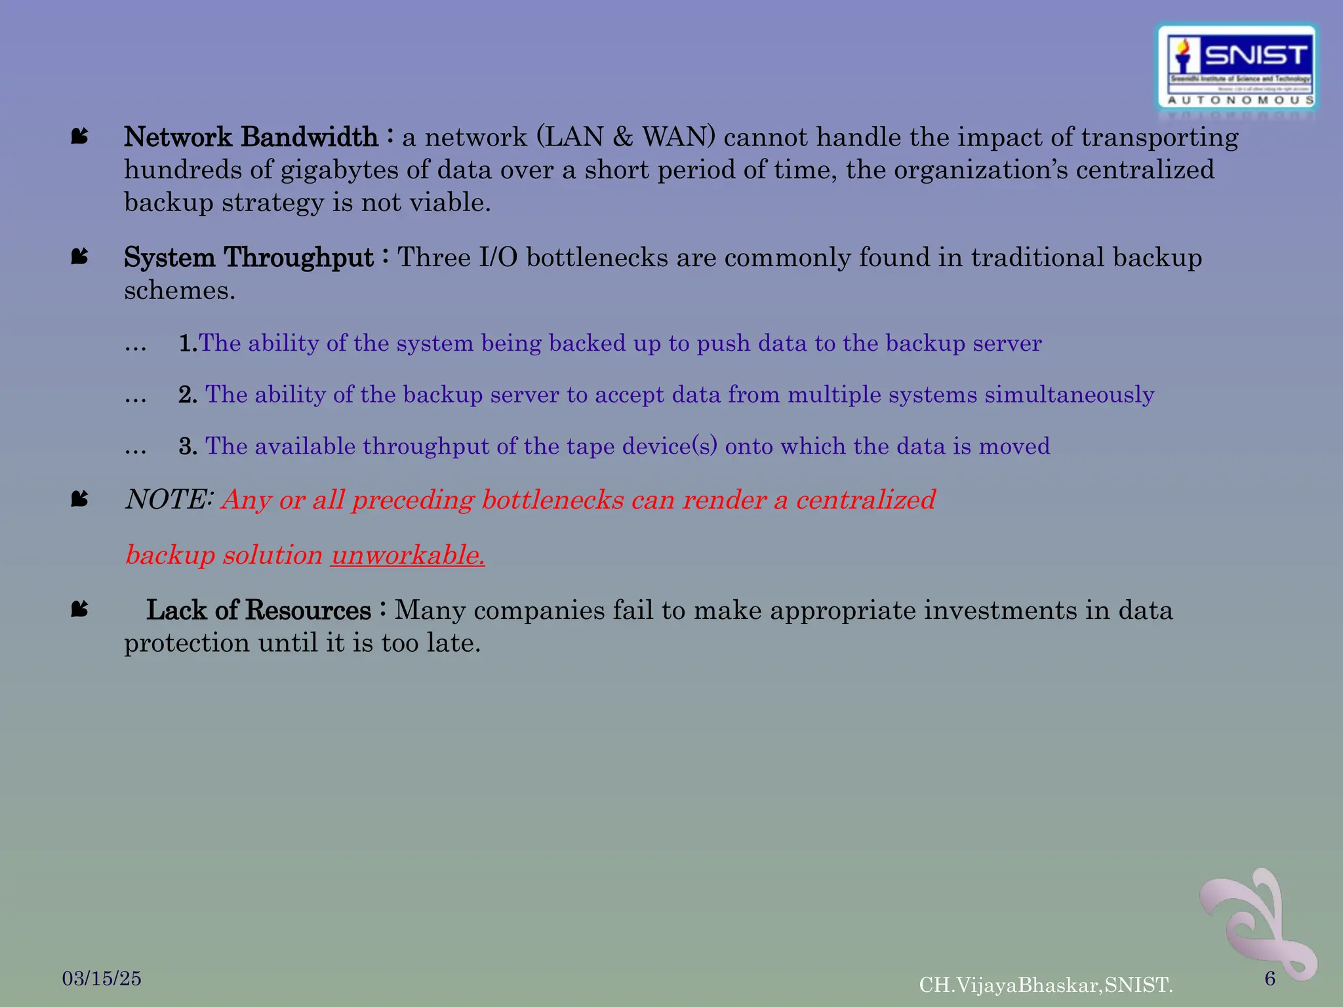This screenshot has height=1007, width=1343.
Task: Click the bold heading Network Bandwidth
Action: click(251, 137)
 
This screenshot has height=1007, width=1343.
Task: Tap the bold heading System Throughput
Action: click(249, 257)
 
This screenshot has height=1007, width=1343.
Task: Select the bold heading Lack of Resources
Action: click(258, 610)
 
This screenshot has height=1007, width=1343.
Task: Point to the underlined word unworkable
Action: click(408, 555)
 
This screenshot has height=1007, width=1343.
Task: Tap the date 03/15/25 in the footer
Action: click(102, 978)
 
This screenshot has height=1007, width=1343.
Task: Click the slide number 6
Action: click(1270, 978)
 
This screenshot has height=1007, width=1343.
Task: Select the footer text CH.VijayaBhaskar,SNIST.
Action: click(1046, 985)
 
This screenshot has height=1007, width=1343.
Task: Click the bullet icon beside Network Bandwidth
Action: click(79, 136)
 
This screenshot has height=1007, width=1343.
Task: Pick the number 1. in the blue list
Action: click(188, 343)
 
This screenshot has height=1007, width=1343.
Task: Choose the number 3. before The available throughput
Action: click(188, 446)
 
